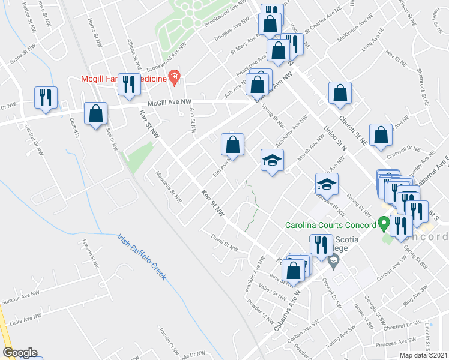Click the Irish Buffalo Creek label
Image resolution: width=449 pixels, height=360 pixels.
pos(142,257)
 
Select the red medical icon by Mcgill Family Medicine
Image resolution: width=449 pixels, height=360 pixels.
pos(175,76)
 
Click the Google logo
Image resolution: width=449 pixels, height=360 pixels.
pos(19,353)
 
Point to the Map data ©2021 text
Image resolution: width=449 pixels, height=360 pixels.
pos(423,355)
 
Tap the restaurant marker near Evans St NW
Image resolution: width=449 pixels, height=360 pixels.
pos(46,97)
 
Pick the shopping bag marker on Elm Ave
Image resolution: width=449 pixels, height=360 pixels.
pos(232,145)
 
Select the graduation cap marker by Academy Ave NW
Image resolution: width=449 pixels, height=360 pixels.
pos(272,160)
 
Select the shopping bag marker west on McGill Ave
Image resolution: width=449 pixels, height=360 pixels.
pos(95,113)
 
